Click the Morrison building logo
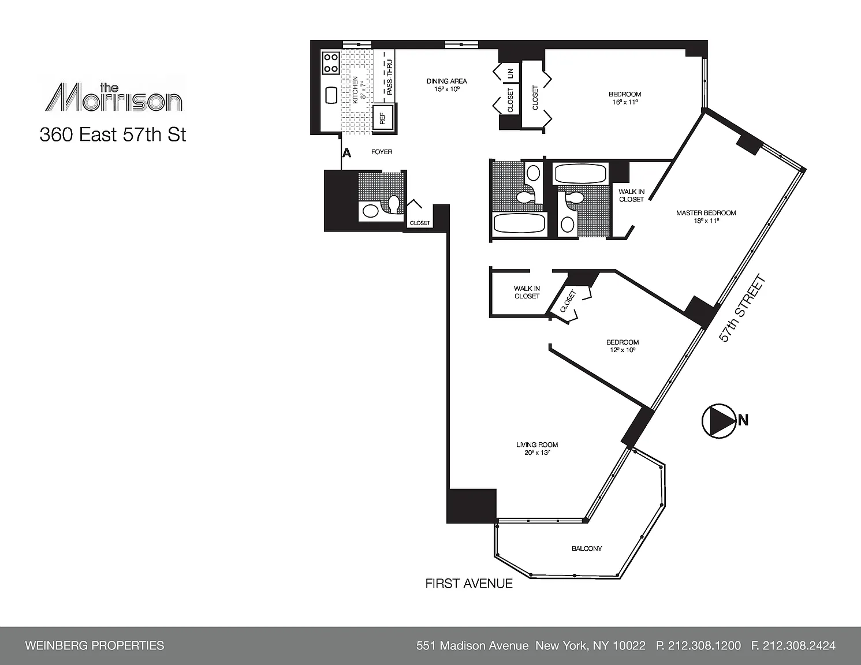point(113,97)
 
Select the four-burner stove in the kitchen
point(331,62)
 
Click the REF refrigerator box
point(383,118)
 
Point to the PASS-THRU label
point(389,77)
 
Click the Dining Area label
point(446,85)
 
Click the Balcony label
point(586,548)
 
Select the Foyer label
point(382,152)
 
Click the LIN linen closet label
point(510,73)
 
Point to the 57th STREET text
point(741,308)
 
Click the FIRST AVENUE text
point(469,584)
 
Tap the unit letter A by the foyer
point(346,153)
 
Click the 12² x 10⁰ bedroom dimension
point(623,350)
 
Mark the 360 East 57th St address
point(113,135)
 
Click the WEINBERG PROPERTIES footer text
point(94,645)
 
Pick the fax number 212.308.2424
point(793,645)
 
